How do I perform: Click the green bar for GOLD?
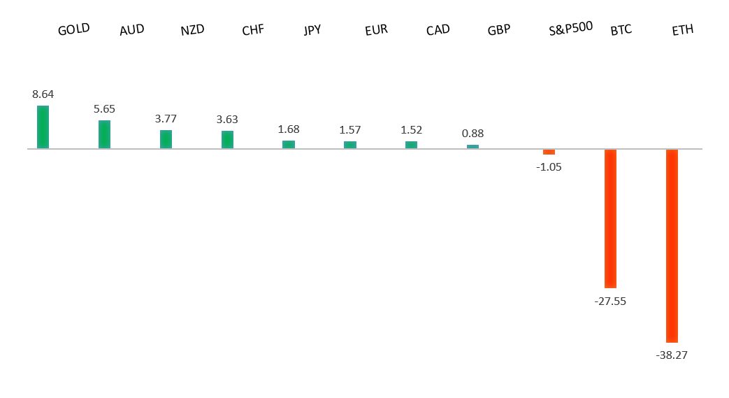[43, 127]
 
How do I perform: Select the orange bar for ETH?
[672, 245]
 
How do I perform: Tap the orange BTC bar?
[610, 218]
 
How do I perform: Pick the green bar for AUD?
[104, 134]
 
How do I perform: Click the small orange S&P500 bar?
[549, 152]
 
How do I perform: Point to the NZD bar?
[166, 139]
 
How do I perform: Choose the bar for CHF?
[227, 139]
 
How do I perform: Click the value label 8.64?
[43, 94]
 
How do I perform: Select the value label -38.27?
[672, 355]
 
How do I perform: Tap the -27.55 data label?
[610, 301]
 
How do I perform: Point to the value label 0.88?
[473, 133]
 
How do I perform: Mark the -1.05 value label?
[549, 166]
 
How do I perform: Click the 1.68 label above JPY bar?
[289, 129]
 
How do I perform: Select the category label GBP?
[499, 30]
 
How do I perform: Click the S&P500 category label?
[571, 28]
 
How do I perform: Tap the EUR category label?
[376, 30]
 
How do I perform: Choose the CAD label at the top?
[438, 30]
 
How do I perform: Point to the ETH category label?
[682, 31]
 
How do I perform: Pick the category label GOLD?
[74, 30]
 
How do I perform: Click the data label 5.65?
[104, 108]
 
